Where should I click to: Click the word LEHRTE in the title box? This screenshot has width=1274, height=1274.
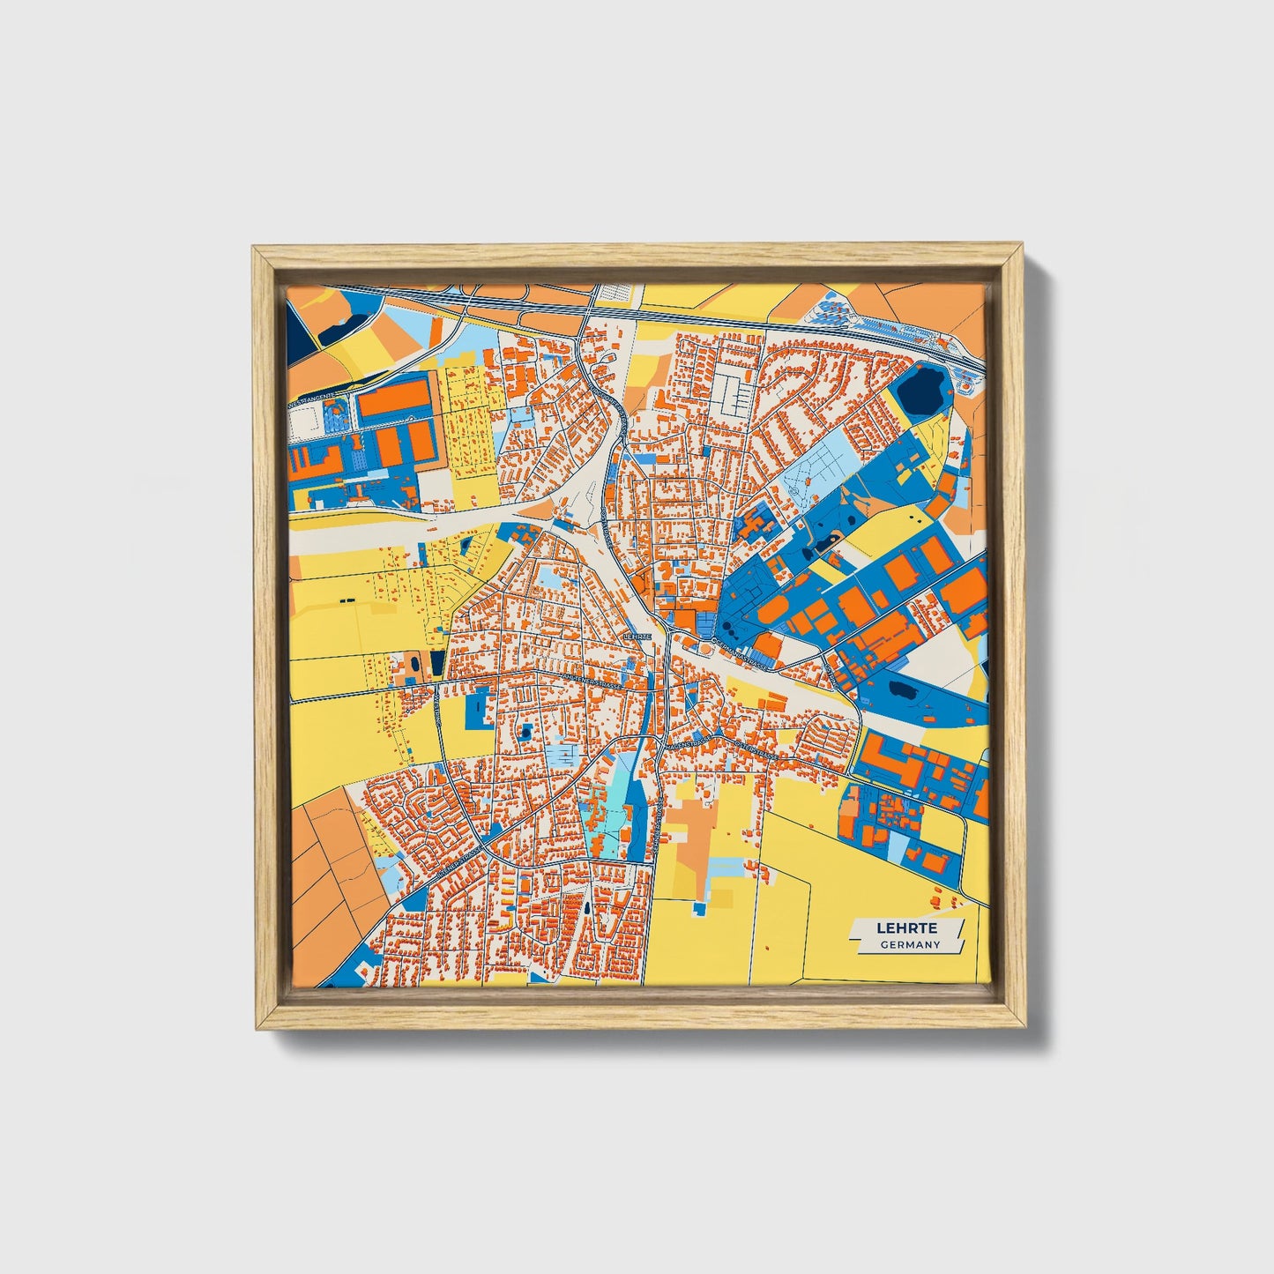tap(906, 928)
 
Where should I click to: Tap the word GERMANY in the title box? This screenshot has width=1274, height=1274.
tap(909, 945)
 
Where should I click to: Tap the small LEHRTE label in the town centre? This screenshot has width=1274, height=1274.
tap(637, 635)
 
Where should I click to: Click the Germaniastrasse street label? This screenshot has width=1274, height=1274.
tap(739, 653)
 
